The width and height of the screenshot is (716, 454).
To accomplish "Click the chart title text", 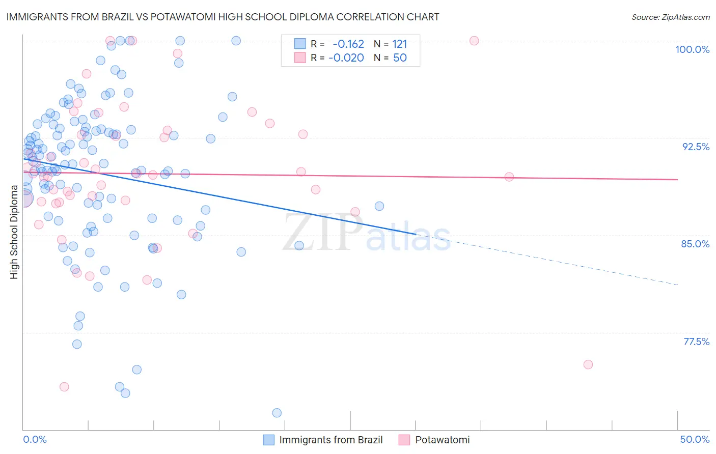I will pos(223,17).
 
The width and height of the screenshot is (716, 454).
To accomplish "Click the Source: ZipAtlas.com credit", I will pos(670,17).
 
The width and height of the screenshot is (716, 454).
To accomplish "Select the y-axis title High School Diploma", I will pos(14,232).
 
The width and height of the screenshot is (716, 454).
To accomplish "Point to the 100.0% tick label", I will pos(692,49).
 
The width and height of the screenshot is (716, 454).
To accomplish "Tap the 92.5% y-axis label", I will pos(696,147).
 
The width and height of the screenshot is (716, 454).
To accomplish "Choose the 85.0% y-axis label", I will pos(695,244).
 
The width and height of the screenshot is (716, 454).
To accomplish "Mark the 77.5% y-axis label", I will pos(696,342).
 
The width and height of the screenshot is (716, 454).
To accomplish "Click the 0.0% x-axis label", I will pos(35,439).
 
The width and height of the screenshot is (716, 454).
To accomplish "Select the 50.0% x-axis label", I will pos(695,439).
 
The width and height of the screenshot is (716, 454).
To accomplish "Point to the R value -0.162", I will pos(348,44).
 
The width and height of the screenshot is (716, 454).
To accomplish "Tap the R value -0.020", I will pos(346,58).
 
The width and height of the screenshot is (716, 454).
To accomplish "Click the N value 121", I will pos(400,44).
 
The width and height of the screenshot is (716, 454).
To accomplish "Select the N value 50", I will pos(400,58).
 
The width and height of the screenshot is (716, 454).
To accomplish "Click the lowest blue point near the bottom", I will pos(277,413).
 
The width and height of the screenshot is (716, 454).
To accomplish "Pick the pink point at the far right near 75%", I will pos(588,364).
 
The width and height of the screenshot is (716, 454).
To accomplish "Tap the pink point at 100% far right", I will pos(474,41).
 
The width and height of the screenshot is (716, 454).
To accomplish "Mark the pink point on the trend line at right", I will pos(509,177).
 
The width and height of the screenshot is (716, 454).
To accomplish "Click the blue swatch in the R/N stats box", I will pos(300,44).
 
